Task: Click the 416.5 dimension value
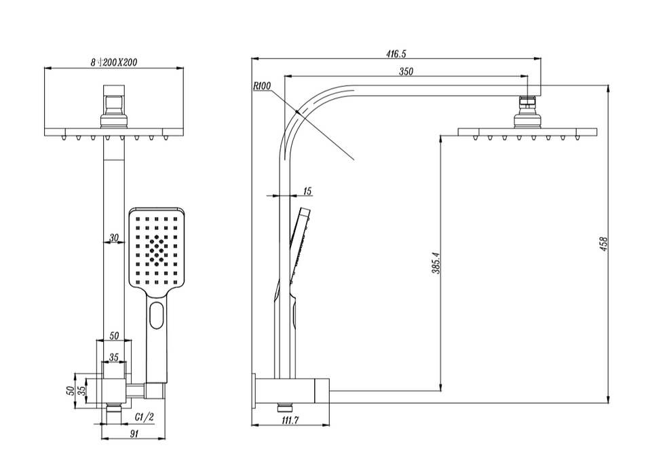[x=396, y=54]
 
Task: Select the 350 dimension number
[x=406, y=71]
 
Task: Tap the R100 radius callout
[x=261, y=86]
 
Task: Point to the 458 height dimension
[x=603, y=244]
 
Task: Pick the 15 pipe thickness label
[x=307, y=191]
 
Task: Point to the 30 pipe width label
[x=113, y=237]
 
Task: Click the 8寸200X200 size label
[x=114, y=62]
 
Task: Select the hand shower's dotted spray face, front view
[x=156, y=248]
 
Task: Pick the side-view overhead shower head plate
[x=527, y=131]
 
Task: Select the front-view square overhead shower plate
[x=114, y=131]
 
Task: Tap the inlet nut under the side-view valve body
[x=285, y=408]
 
